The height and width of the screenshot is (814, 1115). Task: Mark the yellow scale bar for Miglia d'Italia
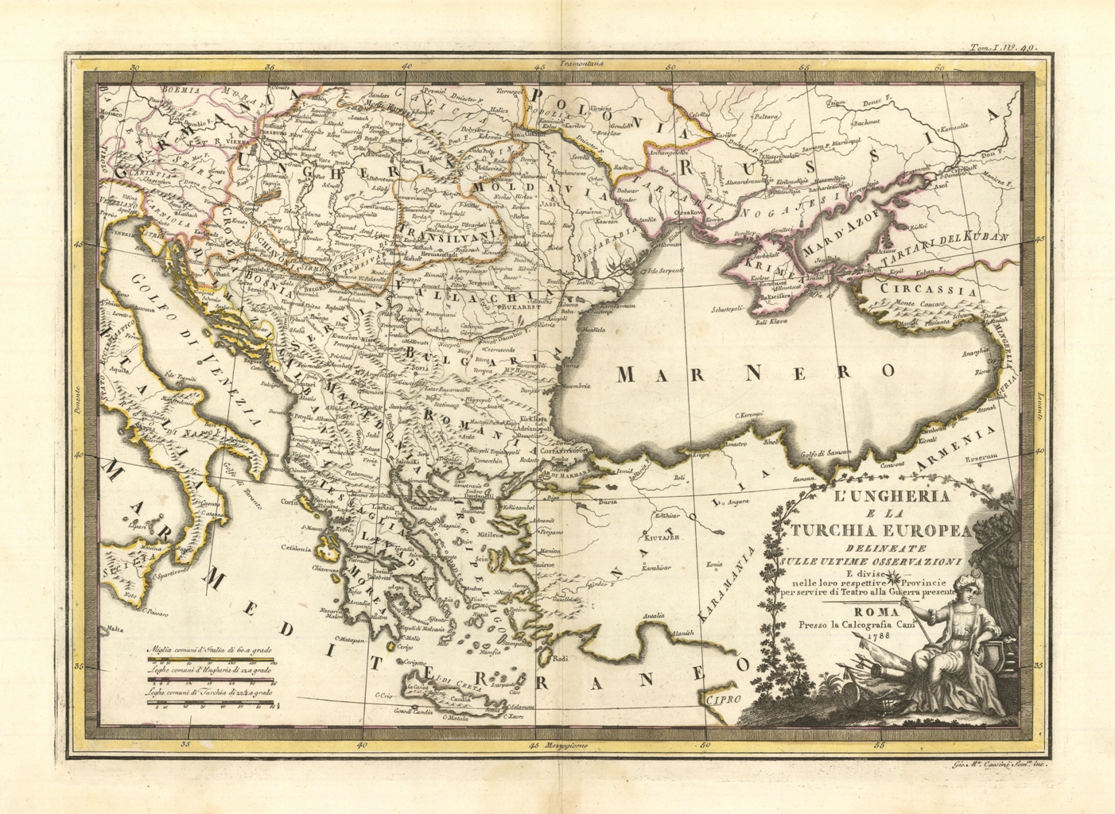[209, 661]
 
